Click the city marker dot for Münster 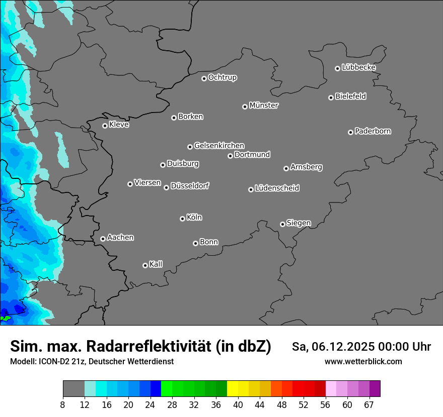[x=245, y=107]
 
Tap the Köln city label [x=194, y=218]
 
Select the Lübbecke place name [x=358, y=67]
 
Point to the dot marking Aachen [x=103, y=239]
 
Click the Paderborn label [x=373, y=131]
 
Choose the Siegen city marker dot [x=282, y=224]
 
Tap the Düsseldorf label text [x=190, y=186]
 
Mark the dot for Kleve [x=105, y=126]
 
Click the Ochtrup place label [x=223, y=77]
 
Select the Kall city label [x=156, y=264]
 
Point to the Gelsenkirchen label [x=219, y=146]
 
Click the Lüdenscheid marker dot [x=251, y=189]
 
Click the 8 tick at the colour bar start [x=63, y=404]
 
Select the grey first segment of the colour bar [x=73, y=389]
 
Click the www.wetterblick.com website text [x=363, y=361]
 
